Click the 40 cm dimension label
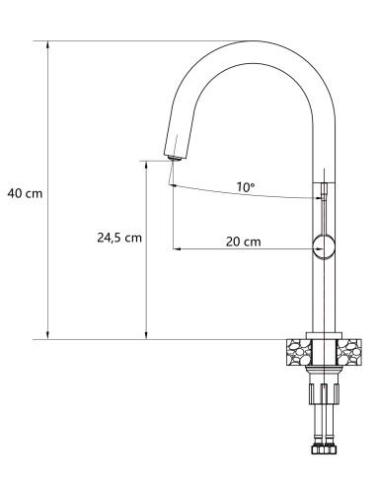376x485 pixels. point(26,193)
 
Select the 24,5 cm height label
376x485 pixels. point(118,238)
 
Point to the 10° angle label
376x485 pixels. point(245,186)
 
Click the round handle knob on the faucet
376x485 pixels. point(322,246)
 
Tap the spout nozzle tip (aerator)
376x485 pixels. point(174,153)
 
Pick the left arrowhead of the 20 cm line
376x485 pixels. point(178,248)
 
